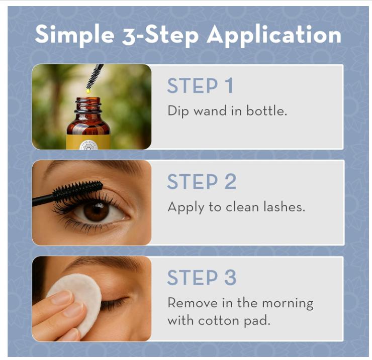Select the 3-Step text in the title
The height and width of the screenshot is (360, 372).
point(160,35)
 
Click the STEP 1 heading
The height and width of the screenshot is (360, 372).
point(200,86)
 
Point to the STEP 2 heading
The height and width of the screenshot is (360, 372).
point(201,182)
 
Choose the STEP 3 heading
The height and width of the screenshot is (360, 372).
point(201,278)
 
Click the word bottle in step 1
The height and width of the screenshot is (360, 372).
point(266,110)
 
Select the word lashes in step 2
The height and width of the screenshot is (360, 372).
point(285,206)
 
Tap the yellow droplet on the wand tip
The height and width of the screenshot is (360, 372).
point(88,91)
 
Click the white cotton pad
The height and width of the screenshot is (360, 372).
point(75,296)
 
